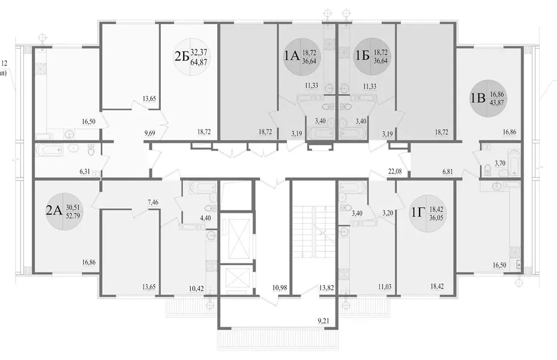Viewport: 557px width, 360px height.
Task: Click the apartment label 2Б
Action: click(181, 56)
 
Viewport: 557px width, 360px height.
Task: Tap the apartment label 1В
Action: click(478, 98)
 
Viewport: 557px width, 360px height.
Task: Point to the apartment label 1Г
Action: click(418, 212)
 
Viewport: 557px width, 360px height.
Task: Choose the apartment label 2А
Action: click(54, 211)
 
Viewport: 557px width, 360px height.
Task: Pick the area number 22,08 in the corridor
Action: click(395, 172)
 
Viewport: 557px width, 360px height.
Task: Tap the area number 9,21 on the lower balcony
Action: click(323, 322)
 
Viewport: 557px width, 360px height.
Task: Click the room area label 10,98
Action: click(279, 287)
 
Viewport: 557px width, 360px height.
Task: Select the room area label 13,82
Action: click(327, 287)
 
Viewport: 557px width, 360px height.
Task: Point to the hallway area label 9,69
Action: click(150, 133)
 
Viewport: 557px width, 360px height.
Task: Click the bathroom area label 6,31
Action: click(85, 172)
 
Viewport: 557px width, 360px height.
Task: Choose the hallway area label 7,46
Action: click(152, 202)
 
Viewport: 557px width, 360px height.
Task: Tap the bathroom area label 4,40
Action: click(205, 218)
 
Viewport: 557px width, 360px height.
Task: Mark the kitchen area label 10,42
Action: click(196, 288)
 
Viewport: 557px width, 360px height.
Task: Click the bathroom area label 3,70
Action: click(499, 164)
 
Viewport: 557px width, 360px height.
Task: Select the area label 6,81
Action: click(448, 172)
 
